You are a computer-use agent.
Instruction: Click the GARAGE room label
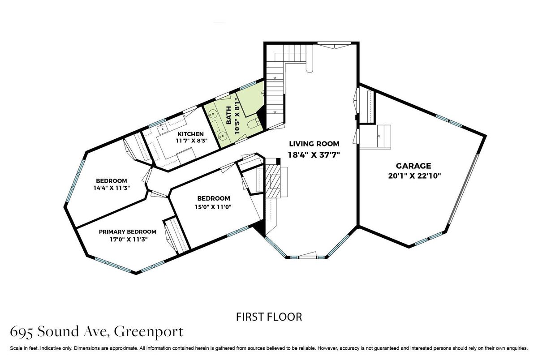[x=413, y=166]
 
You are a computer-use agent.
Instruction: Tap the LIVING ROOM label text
[x=314, y=144]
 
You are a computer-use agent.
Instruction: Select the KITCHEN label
[x=190, y=134]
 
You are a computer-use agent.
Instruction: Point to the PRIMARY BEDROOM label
[x=128, y=231]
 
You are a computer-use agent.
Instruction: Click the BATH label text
[x=229, y=116]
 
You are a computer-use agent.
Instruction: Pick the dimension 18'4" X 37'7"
[x=314, y=155]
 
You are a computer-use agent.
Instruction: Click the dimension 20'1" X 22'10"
[x=414, y=176]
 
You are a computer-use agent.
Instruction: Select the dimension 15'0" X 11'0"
[x=213, y=206]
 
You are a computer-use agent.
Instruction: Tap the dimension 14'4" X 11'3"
[x=112, y=188]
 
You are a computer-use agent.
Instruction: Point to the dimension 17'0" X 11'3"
[x=129, y=239]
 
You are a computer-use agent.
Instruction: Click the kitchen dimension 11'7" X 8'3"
[x=192, y=141]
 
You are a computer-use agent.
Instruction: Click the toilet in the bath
[x=253, y=124]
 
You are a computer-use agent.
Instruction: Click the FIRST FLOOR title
[x=269, y=317]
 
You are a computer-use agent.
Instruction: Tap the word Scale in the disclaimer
[x=16, y=348]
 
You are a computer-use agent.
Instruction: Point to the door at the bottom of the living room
[x=307, y=255]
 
